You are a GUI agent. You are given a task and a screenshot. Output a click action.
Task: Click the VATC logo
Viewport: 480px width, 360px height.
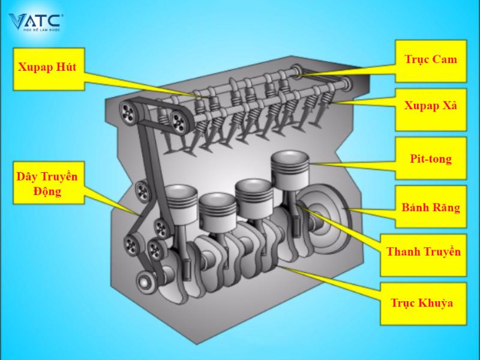coord(35,22)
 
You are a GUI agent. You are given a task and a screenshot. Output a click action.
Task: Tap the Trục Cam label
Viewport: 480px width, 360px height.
coord(431,61)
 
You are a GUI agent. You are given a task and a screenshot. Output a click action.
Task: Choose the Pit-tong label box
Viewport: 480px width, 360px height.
coord(431,158)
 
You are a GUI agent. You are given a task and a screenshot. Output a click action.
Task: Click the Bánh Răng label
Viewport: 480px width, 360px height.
coord(431,208)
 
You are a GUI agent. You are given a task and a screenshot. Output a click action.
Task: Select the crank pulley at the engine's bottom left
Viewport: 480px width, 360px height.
coord(144,281)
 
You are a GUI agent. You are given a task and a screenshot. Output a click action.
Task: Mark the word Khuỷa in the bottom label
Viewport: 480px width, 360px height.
coord(436,303)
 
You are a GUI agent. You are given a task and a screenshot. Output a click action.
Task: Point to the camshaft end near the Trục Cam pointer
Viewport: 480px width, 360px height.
coord(296,71)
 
